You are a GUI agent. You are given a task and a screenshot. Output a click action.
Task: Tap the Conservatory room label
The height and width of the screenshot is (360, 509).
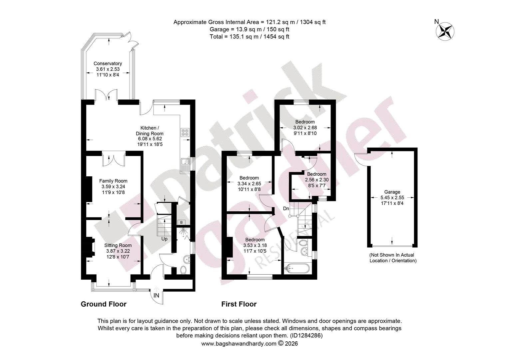coord(108,63)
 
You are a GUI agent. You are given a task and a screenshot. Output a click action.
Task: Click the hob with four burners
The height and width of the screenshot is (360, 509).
coord(185,132)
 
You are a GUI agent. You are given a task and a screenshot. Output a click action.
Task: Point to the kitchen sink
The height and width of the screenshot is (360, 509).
coord(185,165)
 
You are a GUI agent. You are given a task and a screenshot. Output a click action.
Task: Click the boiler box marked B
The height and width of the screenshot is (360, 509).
coord(181,222)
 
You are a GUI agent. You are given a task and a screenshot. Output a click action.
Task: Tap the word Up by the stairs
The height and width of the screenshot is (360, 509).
coord(164,239)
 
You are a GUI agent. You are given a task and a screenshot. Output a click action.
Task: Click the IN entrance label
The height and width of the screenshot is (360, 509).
coord(156,295)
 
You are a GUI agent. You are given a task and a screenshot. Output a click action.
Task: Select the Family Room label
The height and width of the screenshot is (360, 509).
coord(113,181)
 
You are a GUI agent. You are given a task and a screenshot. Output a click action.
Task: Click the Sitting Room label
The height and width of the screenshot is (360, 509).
coord(118,245)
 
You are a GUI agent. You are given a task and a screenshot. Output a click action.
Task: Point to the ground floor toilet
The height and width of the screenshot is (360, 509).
coord(183,270)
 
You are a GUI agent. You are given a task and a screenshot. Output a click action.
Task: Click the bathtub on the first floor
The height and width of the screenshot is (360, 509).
coord(296,269)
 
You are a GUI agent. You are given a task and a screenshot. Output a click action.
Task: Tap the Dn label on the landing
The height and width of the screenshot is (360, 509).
coord(286,208)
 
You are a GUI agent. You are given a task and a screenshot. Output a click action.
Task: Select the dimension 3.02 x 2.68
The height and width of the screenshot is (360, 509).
coord(305,128)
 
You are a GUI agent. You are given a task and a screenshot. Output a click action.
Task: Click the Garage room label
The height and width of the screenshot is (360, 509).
coord(392,192)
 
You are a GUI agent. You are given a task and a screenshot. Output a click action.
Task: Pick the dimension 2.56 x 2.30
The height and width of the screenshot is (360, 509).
coord(317,180)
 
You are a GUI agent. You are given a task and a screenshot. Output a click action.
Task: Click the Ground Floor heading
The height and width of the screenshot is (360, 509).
coord(104,304)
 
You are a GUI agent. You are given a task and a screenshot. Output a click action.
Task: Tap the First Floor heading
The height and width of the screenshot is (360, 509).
coord(239,304)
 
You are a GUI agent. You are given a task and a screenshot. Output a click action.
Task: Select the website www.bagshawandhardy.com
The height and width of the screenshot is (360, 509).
coord(239,343)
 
